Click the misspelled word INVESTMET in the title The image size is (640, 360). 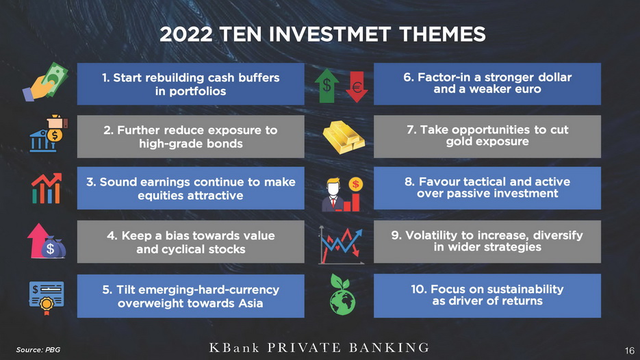[x=330, y=34]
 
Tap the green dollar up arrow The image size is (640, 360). [x=327, y=86]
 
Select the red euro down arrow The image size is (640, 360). [x=357, y=86]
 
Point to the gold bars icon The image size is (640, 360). [x=344, y=138]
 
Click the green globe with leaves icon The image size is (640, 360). [x=342, y=295]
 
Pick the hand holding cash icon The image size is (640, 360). [x=45, y=81]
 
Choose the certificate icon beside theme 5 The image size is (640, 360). [x=47, y=297]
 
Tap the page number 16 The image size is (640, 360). [x=629, y=350]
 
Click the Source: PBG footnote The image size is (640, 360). [x=38, y=350]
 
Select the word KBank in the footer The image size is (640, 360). [x=234, y=348]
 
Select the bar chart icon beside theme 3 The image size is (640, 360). [x=47, y=188]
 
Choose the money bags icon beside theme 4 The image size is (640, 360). [x=47, y=242]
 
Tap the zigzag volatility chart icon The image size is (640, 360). [x=341, y=245]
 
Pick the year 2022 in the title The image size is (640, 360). [x=185, y=34]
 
